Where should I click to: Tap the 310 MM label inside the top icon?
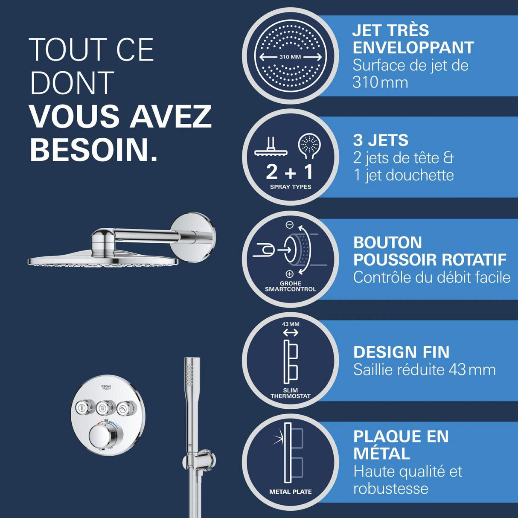(290, 57)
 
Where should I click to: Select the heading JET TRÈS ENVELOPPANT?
(413, 39)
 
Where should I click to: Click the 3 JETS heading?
(381, 140)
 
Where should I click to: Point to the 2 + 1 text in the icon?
(290, 172)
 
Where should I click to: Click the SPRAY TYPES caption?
(291, 187)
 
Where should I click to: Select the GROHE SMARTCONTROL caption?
(291, 286)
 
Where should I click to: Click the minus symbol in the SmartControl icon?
(289, 225)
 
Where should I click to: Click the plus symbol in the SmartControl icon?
(289, 274)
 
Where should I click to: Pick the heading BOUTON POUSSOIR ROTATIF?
(429, 251)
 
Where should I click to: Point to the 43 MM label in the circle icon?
(291, 324)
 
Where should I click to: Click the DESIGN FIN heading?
(402, 352)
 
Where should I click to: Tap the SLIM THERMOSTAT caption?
(291, 393)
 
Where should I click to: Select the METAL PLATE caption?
(291, 492)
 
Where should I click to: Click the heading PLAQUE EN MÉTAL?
(401, 445)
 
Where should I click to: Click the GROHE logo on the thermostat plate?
(106, 387)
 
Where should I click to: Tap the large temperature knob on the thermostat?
(102, 438)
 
